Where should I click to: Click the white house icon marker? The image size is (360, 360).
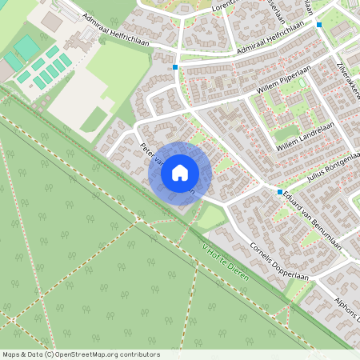(179, 172)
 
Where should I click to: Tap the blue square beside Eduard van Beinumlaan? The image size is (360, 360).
(280, 192)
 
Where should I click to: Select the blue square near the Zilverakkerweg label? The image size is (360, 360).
(319, 25)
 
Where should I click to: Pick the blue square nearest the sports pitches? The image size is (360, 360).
(174, 68)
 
